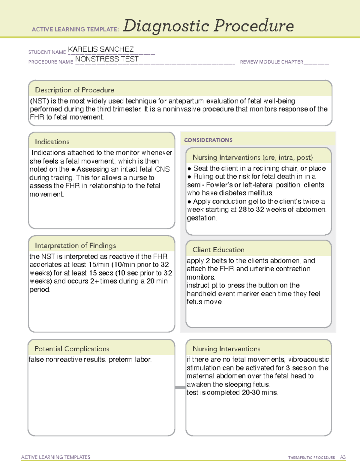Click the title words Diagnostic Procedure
click(x=208, y=26)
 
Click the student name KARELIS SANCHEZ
click(x=101, y=49)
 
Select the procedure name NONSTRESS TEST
click(x=107, y=59)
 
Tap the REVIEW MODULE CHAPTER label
click(x=271, y=62)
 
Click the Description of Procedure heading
click(x=74, y=90)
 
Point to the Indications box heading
click(x=52, y=142)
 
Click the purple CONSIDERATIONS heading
click(x=208, y=140)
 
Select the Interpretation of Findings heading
click(x=75, y=245)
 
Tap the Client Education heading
click(x=218, y=250)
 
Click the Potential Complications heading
click(x=72, y=349)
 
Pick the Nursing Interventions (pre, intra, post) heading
click(x=253, y=158)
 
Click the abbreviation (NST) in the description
click(x=39, y=101)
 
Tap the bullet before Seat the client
click(x=189, y=169)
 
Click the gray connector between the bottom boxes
click(x=180, y=387)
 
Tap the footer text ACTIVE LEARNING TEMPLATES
click(x=55, y=457)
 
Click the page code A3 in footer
click(x=343, y=457)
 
